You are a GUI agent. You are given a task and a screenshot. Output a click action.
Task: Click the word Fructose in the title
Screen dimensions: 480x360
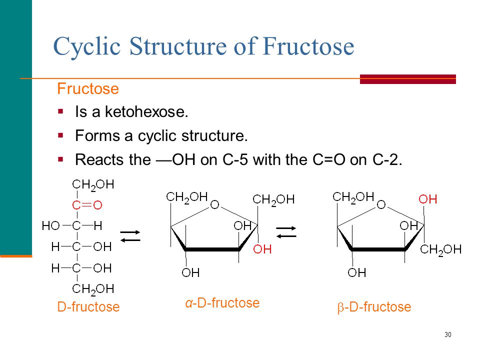tap(308, 46)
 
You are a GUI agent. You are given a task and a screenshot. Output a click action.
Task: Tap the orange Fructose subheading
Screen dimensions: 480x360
tap(88, 89)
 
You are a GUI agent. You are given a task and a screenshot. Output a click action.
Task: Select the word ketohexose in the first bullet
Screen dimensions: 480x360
tap(146, 111)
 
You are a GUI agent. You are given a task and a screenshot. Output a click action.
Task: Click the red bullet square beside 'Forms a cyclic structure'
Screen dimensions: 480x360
tap(60, 135)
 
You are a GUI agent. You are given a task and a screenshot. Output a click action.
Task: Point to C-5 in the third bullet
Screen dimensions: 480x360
tap(235, 159)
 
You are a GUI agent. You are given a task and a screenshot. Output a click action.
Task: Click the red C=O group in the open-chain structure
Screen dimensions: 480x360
tap(87, 205)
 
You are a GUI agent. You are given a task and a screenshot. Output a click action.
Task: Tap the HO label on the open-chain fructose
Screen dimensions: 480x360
tap(50, 226)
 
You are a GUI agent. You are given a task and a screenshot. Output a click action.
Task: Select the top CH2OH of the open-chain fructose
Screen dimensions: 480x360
tap(93, 185)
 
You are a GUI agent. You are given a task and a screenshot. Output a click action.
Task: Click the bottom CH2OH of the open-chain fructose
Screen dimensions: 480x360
tap(93, 289)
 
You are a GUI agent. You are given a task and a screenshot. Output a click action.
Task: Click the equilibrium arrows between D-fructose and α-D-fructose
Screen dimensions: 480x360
tap(130, 236)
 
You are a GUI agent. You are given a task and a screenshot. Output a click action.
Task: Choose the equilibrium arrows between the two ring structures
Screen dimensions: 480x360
tap(286, 232)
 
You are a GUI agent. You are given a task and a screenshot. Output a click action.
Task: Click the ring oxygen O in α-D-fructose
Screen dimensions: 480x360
tap(214, 204)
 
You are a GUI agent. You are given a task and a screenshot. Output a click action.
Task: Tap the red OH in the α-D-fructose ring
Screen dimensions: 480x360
tap(262, 249)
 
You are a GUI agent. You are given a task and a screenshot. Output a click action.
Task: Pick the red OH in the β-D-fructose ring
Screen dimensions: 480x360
tap(427, 199)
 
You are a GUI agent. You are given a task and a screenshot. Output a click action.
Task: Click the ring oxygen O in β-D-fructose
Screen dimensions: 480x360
tap(381, 204)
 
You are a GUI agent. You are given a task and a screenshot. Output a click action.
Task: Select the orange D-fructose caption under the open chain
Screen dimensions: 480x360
tap(88, 306)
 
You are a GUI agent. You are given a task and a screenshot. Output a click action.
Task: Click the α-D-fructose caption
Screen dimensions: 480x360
tap(222, 303)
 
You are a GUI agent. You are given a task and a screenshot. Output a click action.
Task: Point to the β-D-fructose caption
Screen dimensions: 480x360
tap(374, 307)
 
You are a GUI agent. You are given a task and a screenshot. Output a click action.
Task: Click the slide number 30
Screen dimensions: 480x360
tap(448, 334)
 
